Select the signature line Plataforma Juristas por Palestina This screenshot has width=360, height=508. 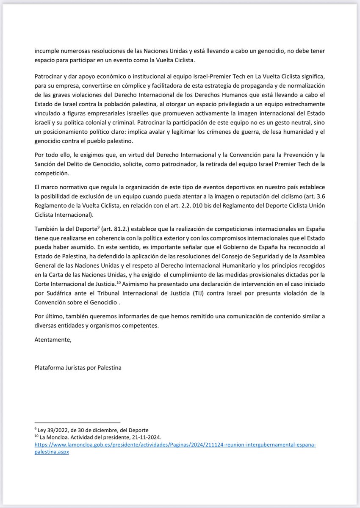[78, 367]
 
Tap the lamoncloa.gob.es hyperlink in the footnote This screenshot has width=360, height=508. [175, 445]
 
